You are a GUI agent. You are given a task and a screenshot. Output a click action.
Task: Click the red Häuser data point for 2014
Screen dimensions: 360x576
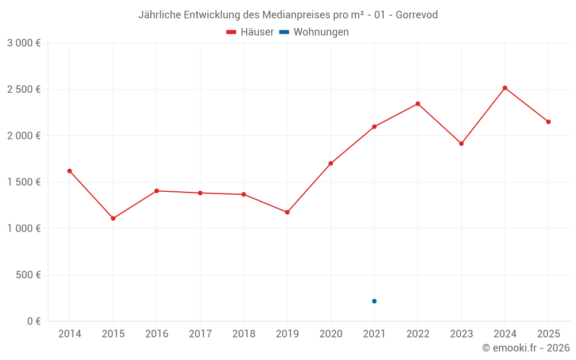[70, 171]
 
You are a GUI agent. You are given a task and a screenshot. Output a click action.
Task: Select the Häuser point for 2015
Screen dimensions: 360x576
[113, 218]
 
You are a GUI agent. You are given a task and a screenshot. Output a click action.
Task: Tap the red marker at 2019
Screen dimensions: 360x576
[287, 213]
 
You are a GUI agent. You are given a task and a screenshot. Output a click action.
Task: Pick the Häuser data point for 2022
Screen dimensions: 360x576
[418, 104]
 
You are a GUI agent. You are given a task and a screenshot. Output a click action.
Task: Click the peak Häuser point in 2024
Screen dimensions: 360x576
[505, 88]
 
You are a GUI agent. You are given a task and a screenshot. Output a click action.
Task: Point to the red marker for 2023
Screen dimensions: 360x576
[461, 143]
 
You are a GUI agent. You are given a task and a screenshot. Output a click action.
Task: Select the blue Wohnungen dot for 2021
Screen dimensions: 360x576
[374, 301]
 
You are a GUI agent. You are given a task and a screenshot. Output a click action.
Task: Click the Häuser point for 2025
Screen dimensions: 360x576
[548, 122]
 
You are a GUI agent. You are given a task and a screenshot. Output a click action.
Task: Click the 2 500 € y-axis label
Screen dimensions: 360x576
[24, 89]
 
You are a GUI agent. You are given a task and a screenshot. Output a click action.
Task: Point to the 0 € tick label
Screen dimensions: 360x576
[33, 321]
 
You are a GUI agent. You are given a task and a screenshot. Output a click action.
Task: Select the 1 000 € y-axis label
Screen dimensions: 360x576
[24, 228]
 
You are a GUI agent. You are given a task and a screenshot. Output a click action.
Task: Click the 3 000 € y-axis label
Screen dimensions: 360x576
[24, 43]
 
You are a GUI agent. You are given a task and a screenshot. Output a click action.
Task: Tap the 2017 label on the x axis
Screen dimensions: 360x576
[200, 334]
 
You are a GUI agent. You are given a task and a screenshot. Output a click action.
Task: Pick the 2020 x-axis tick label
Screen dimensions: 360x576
[331, 334]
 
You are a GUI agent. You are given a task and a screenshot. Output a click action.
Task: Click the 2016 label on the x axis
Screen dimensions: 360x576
[157, 334]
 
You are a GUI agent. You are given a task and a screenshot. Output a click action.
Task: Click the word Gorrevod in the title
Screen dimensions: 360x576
[416, 14]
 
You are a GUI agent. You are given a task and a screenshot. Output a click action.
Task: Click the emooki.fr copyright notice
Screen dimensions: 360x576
[525, 347]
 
